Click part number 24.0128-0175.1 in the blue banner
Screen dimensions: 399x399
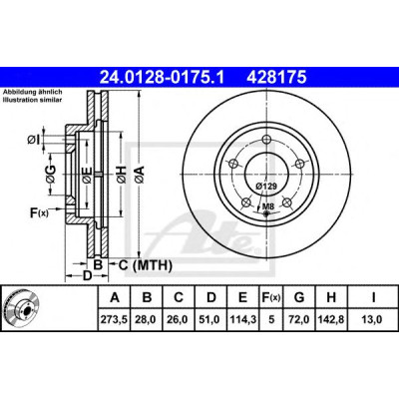[163, 78]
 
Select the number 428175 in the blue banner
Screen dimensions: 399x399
[276, 78]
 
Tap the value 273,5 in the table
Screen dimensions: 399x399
[115, 320]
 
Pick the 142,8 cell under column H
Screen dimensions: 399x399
[331, 320]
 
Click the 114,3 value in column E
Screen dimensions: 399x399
[243, 320]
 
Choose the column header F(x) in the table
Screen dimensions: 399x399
[271, 297]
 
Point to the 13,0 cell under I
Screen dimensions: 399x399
[373, 320]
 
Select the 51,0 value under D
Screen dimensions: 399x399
[211, 320]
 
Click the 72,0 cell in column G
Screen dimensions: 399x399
[299, 320]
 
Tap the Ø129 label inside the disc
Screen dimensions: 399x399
[266, 187]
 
